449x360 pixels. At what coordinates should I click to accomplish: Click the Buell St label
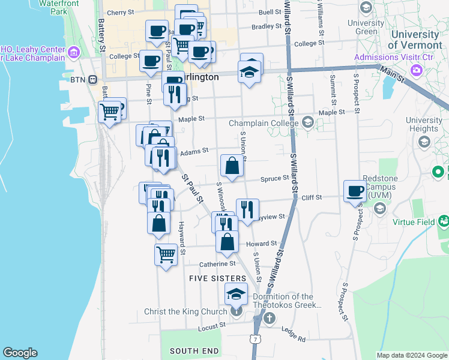tap(270, 12)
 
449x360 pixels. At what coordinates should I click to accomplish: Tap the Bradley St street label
tap(267, 26)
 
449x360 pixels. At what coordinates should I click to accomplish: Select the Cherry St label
tap(120, 12)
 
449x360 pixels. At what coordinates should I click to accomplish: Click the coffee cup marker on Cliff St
tap(355, 191)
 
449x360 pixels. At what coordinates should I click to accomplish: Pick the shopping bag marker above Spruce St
tap(232, 166)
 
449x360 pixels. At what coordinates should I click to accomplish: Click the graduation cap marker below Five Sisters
tap(236, 294)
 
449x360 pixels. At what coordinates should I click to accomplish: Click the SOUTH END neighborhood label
tap(194, 351)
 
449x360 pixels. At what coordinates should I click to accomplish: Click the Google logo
tap(20, 353)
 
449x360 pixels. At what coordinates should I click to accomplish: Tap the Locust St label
tap(213, 325)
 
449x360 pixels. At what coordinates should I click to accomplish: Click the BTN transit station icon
tap(93, 79)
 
